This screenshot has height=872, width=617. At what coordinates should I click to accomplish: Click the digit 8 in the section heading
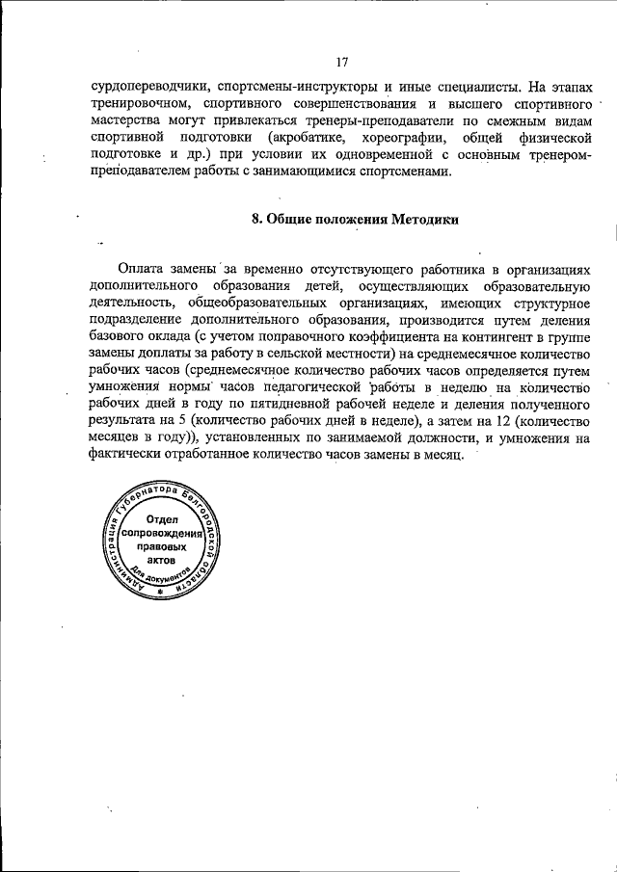(255, 218)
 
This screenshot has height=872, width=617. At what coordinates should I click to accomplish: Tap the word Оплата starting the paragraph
(145, 267)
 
